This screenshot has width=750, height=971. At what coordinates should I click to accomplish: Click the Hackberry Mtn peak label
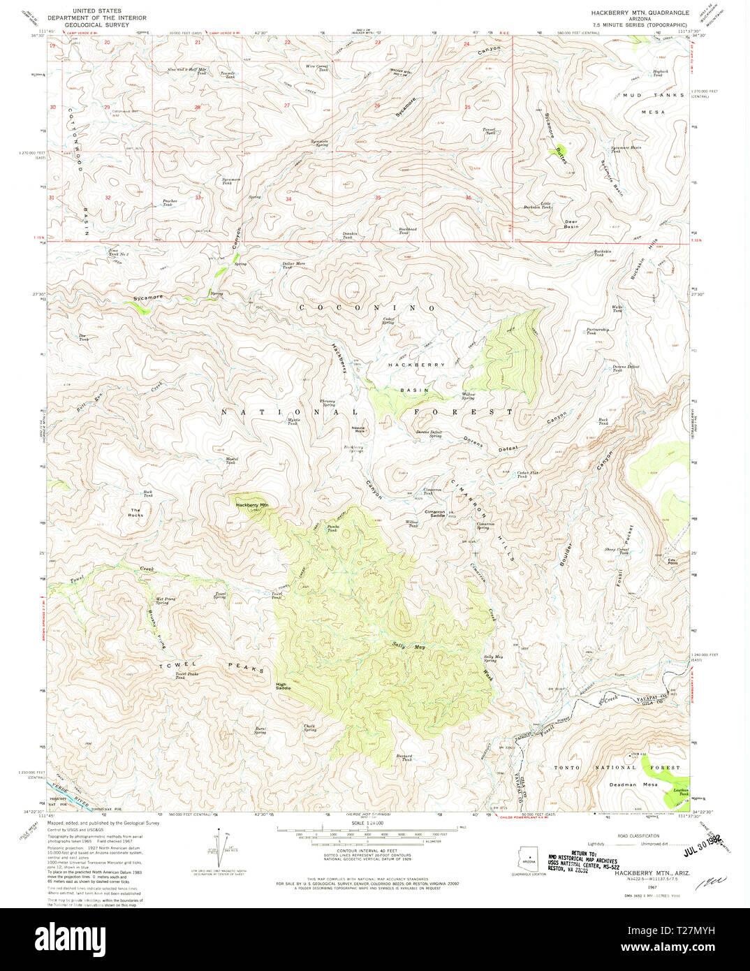coord(251,504)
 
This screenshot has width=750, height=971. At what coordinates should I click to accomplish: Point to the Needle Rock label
coord(358,429)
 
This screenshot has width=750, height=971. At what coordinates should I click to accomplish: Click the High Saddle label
coord(283,687)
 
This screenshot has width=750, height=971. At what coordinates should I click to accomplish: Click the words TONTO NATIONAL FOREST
coord(616,768)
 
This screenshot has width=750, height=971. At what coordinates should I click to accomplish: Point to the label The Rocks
coord(135,513)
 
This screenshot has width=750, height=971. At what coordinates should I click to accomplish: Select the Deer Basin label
coord(571,224)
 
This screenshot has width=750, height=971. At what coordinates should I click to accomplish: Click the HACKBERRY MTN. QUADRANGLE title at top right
coord(640,13)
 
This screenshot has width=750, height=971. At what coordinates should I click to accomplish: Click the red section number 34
coord(288,199)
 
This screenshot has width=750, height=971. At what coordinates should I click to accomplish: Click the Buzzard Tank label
coord(404,758)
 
